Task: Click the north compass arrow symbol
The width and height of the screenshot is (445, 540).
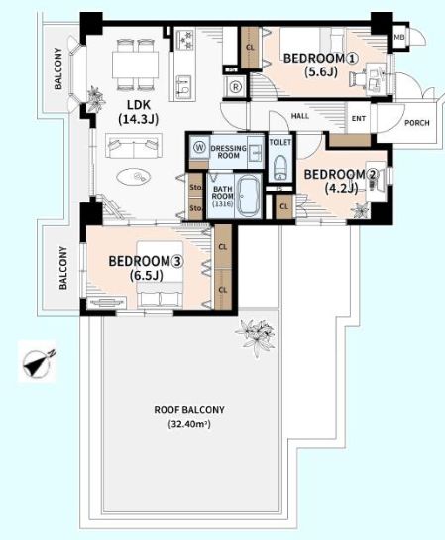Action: pyautogui.click(x=38, y=361)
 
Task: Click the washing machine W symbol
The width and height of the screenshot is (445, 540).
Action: pyautogui.click(x=199, y=148)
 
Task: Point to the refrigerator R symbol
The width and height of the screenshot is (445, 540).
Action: pyautogui.click(x=236, y=87)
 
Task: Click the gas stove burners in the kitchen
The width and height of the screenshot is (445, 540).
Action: pyautogui.click(x=185, y=40)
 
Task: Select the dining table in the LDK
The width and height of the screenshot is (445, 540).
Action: pyautogui.click(x=135, y=65)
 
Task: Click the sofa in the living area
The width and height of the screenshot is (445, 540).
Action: pyautogui.click(x=134, y=145)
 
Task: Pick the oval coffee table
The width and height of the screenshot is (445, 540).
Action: pyautogui.click(x=134, y=177)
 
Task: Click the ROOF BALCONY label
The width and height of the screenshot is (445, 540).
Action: pyautogui.click(x=189, y=410)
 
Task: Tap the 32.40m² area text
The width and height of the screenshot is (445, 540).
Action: pyautogui.click(x=189, y=424)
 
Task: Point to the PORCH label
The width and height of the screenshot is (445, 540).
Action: pyautogui.click(x=417, y=123)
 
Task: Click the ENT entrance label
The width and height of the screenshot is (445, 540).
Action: pyautogui.click(x=359, y=118)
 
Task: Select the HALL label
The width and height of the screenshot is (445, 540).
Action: pyautogui.click(x=300, y=116)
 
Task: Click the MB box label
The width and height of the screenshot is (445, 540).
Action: pyautogui.click(x=399, y=37)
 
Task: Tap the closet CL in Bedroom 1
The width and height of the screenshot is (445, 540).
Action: pyautogui.click(x=250, y=48)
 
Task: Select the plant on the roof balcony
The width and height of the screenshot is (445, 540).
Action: pyautogui.click(x=255, y=337)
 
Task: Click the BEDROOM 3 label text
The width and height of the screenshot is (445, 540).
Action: pyautogui.click(x=146, y=261)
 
